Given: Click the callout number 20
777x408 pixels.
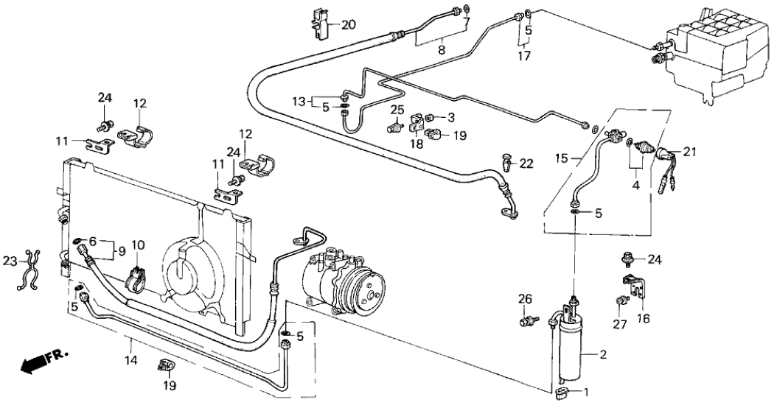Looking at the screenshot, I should (349, 24).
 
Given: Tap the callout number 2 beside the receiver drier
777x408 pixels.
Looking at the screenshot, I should (603, 356).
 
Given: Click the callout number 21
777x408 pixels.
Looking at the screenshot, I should (689, 152).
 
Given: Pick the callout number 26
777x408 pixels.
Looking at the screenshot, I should (525, 299).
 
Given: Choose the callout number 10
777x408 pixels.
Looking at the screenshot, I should (138, 244).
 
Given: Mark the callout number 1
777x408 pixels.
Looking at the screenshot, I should (588, 392).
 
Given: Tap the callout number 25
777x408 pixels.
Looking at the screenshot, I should (397, 110).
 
